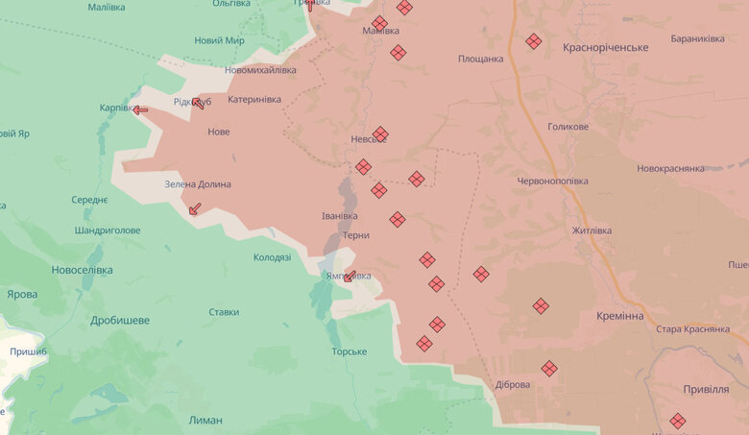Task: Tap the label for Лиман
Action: (x=205, y=420)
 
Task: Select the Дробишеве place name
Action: (x=120, y=320)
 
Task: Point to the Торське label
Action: (x=350, y=351)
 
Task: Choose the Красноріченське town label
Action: (x=606, y=47)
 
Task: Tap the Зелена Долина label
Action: (x=198, y=184)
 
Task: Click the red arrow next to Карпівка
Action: (x=141, y=109)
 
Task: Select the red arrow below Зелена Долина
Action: (x=195, y=208)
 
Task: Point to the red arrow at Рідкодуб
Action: (x=200, y=103)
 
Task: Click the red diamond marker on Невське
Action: (x=380, y=133)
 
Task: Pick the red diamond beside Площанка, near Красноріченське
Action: (x=533, y=41)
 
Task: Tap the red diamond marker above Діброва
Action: (x=549, y=368)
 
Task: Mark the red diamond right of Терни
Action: (x=398, y=219)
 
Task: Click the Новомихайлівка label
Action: (x=260, y=70)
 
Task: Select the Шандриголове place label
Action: (x=108, y=230)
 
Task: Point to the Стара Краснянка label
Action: (x=695, y=329)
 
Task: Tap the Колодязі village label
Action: (x=272, y=257)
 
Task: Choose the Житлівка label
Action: (x=592, y=230)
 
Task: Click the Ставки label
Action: (x=224, y=312)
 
